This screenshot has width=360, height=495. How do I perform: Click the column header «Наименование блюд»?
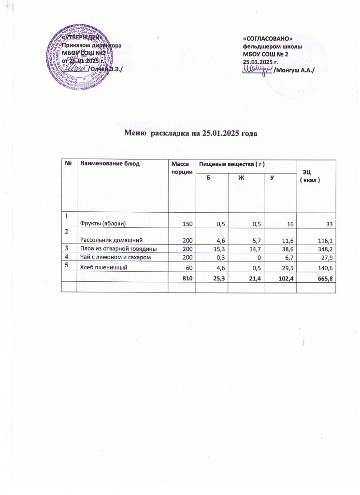110,164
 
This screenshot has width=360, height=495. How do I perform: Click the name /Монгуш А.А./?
294,71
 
